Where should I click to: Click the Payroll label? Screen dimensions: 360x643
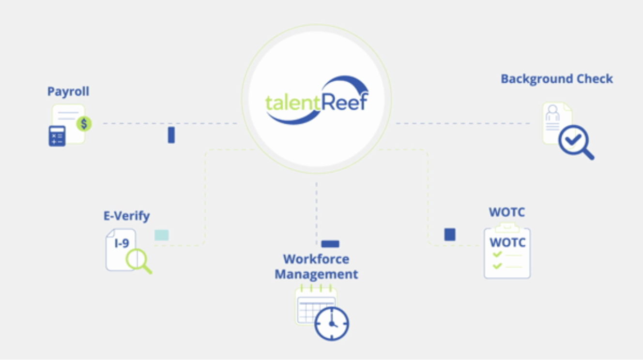pos(68,91)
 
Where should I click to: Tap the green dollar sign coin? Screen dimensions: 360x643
pos(84,124)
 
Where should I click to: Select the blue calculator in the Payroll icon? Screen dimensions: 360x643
pos(57,136)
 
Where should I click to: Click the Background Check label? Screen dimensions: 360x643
pos(556,79)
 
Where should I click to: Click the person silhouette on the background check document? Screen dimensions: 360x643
pos(552,113)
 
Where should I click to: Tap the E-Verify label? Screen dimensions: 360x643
pos(126,216)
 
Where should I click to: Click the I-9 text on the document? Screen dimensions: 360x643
pos(122,243)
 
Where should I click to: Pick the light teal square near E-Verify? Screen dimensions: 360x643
pos(161,235)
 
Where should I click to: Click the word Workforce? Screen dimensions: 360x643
pos(316,259)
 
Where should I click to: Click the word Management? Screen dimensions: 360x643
pos(316,274)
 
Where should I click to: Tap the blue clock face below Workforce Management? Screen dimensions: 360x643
pos(332,323)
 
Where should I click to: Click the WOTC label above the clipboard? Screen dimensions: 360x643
pos(507,212)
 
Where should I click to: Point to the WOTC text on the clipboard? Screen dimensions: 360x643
pos(507,242)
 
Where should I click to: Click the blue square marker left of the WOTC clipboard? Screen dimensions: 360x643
pos(450,235)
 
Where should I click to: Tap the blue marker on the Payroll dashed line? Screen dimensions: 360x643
pos(171,135)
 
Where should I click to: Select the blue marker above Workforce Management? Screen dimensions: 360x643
pos(330,244)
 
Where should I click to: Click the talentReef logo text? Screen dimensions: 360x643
pos(316,103)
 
